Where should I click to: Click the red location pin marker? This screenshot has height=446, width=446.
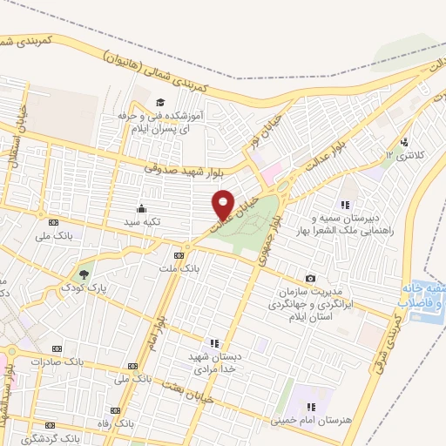pyautogui.click(x=223, y=204)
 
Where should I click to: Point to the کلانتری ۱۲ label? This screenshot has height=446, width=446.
pyautogui.click(x=402, y=155)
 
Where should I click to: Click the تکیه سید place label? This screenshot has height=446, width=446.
pyautogui.click(x=142, y=222)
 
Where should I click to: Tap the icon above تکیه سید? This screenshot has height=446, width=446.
pyautogui.click(x=141, y=208)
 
